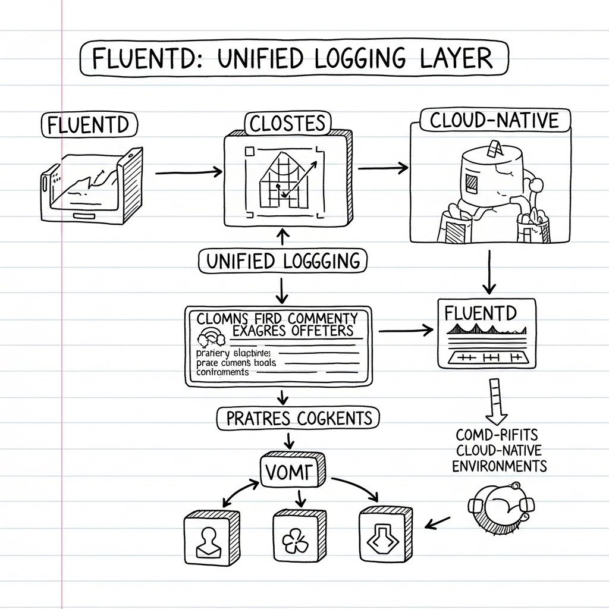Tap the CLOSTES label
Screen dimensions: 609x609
287,123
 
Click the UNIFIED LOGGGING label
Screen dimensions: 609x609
282,261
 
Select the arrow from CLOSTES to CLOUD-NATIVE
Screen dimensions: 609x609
384,168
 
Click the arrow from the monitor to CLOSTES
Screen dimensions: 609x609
188,172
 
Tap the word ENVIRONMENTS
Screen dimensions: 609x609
500,466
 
